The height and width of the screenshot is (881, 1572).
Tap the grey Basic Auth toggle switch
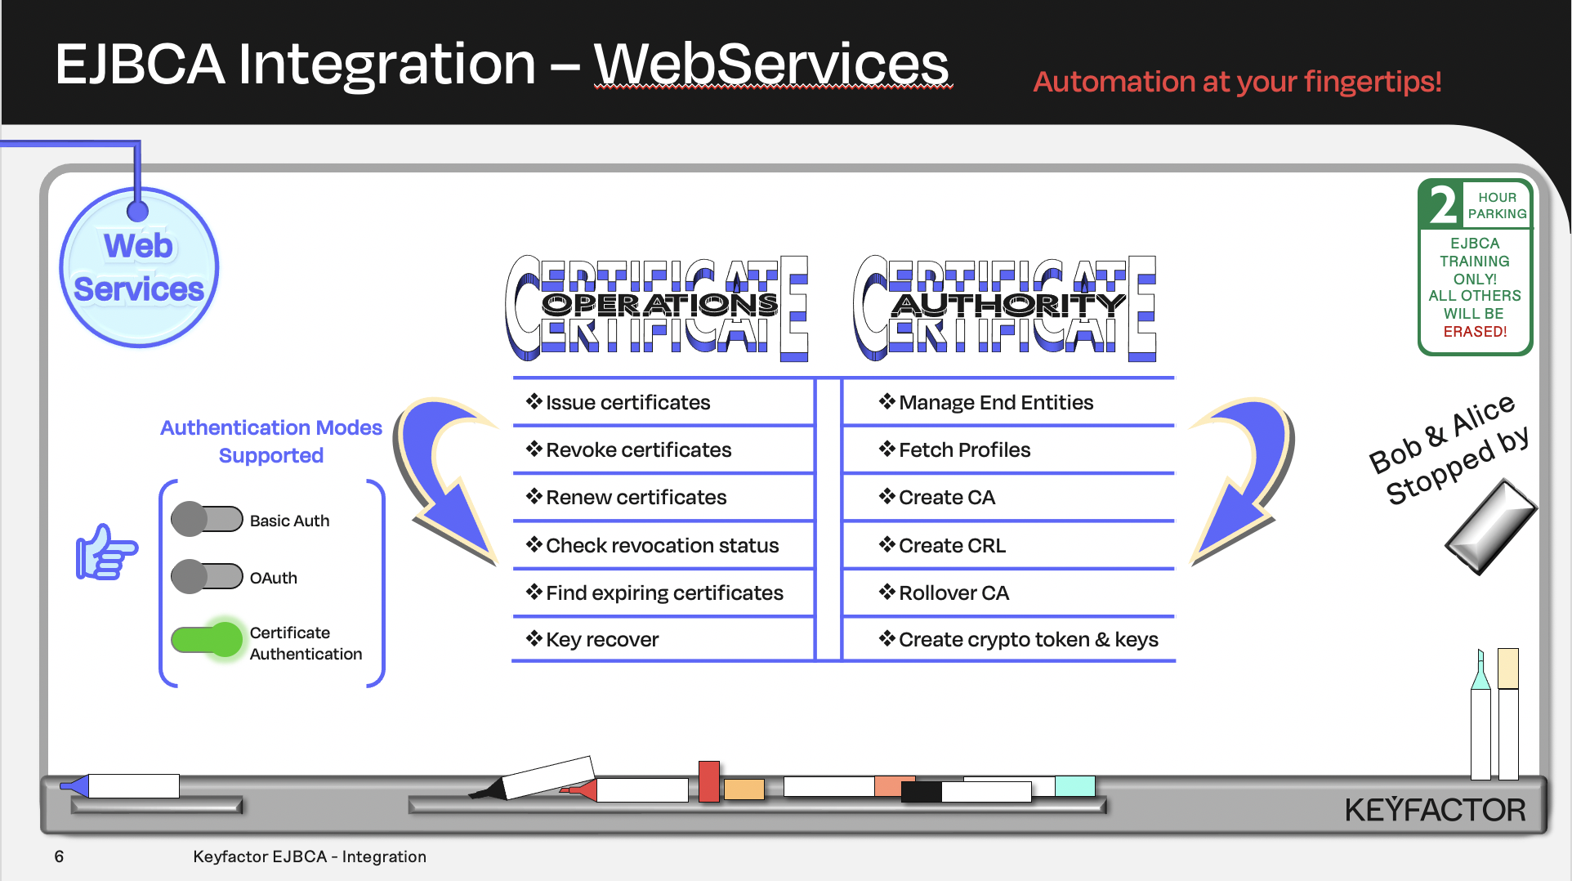coord(207,520)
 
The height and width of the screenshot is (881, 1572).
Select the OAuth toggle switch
coord(207,577)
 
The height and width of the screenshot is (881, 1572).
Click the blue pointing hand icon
coord(106,552)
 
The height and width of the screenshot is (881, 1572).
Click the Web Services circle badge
coord(139,268)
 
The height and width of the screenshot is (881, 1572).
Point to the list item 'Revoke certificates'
coord(638,449)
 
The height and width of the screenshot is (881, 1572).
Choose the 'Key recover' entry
coord(602,639)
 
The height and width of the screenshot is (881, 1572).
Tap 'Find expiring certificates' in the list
coord(664,593)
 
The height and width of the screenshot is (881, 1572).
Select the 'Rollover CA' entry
coord(953,593)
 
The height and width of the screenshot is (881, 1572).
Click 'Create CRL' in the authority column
coord(952,545)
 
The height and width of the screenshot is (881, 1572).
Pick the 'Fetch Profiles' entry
coord(964,449)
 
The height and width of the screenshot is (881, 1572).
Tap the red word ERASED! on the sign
coord(1475,331)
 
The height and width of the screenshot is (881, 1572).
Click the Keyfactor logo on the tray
coord(1435,810)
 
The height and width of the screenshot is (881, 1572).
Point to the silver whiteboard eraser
coord(1491,527)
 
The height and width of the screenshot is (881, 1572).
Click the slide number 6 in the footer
coord(59,856)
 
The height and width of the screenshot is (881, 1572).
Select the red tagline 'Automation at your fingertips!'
coord(1237,82)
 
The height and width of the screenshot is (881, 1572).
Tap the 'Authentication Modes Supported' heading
coord(271,441)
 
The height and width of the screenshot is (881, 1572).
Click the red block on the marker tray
coord(708,780)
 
